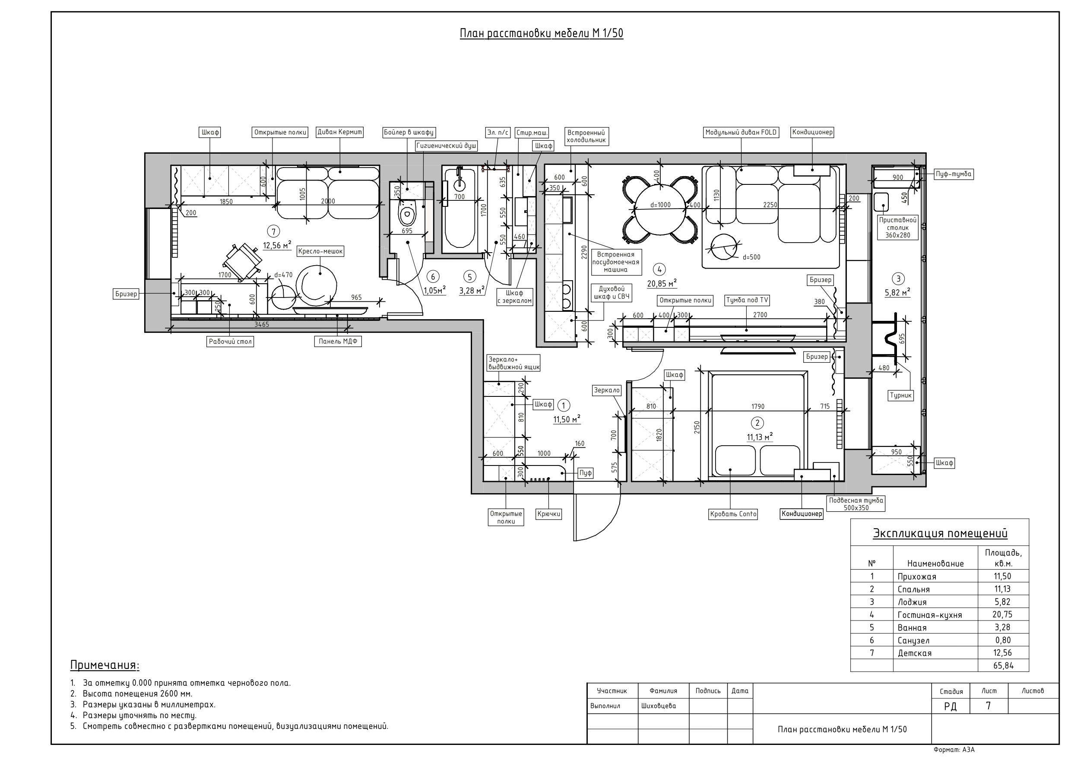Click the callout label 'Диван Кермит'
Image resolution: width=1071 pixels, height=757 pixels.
coord(339,132)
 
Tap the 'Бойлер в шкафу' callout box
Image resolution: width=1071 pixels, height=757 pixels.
coord(409,133)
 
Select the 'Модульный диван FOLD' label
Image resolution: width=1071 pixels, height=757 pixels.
coord(741,133)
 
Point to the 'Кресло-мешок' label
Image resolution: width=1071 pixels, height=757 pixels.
coord(320,251)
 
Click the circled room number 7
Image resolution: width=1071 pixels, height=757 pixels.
coord(273,231)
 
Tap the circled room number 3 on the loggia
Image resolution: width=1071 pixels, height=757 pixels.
coord(898,279)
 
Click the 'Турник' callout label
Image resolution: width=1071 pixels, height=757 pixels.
coord(900,395)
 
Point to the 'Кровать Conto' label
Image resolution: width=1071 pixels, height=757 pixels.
coord(733,514)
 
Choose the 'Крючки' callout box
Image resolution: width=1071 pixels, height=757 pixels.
coord(548,514)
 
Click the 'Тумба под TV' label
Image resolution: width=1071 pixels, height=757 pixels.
coord(747,301)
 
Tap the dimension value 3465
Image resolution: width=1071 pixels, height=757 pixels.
coord(261,325)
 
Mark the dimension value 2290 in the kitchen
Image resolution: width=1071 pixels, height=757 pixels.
coord(584,252)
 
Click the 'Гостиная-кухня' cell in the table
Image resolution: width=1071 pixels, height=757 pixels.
coord(929,615)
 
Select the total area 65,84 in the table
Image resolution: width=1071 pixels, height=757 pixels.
coord(1003,665)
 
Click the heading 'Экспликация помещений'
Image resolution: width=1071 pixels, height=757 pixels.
coord(939,533)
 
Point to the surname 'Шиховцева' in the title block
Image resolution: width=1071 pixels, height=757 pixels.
coord(658,706)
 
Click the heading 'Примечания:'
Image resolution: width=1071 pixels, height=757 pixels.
coord(105,665)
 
